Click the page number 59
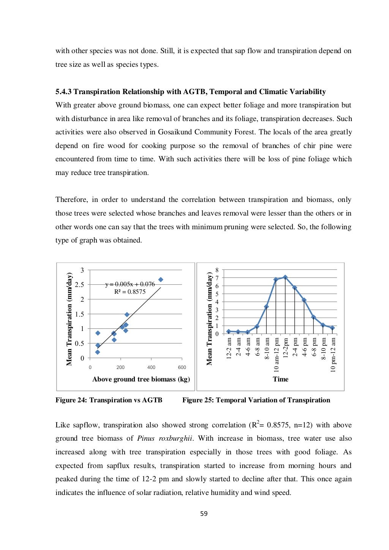pyautogui.click(x=204, y=514)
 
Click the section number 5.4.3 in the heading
pyautogui.click(x=63, y=92)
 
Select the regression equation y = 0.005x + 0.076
pyautogui.click(x=130, y=284)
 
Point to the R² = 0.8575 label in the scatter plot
pyautogui.click(x=130, y=292)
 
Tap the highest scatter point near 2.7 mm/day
pyautogui.click(x=161, y=280)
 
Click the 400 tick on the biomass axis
pyautogui.click(x=151, y=367)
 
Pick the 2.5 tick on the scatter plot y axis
pyautogui.click(x=79, y=285)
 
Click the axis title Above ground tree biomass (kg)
pyautogui.click(x=141, y=379)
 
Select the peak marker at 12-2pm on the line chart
pyautogui.click(x=285, y=277)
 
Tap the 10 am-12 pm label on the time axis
pyautogui.click(x=276, y=355)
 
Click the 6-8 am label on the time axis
pyautogui.click(x=257, y=347)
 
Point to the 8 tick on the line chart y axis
pyautogui.click(x=217, y=270)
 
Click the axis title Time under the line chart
pyautogui.click(x=280, y=379)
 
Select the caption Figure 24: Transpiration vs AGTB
pyautogui.click(x=109, y=400)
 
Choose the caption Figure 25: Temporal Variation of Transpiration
pyautogui.click(x=256, y=400)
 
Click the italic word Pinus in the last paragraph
pyautogui.click(x=145, y=438)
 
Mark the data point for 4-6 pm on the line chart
pyautogui.click(x=304, y=300)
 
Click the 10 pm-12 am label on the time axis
pyautogui.click(x=333, y=355)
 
